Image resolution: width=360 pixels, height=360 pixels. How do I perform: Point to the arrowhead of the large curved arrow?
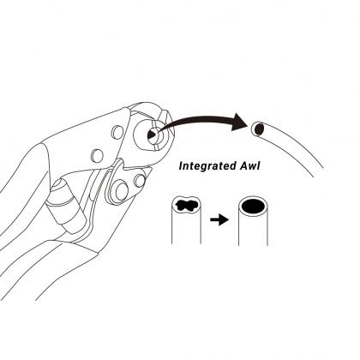pos(239,122)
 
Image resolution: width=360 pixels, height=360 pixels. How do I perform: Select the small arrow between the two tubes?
pos(219,219)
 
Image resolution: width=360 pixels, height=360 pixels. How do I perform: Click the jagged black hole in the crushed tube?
pos(187,206)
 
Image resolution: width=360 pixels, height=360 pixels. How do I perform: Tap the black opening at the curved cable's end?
pos(259,129)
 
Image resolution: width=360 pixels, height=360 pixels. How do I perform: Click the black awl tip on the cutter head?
pos(151,135)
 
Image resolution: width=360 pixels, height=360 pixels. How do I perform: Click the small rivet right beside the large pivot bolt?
pos(140,181)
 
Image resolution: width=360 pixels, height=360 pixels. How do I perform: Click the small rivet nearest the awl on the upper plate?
pos(117,130)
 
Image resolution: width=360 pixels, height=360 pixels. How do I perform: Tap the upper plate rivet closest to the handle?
pos(97,154)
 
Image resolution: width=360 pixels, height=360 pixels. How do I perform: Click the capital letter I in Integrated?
pos(182,165)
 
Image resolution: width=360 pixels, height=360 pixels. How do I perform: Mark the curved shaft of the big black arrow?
pos(195,119)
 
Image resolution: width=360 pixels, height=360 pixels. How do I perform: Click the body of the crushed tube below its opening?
pos(187,229)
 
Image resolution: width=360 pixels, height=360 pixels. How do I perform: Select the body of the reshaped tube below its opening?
pos(253,230)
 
